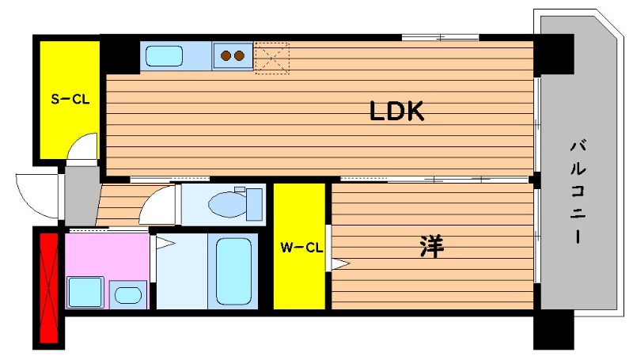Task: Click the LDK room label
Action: pos(397,112)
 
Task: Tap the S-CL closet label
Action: pos(70,99)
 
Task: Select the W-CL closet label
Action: pos(301,247)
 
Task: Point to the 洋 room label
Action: pos(432,246)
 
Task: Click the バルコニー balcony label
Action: pos(578,191)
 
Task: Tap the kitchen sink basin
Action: pos(164,56)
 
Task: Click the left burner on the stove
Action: pos(226,55)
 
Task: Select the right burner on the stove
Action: pos(240,55)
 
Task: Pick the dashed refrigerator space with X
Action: pos(272,58)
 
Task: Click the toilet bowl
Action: pos(227,204)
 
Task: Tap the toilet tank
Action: pos(254,204)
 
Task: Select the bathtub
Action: pos(233,271)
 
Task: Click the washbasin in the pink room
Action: pos(128,295)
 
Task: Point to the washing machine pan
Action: pos(85,292)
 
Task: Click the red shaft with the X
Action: pos(49,287)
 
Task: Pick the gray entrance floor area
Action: pos(82,196)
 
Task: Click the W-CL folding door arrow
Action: pos(341,264)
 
